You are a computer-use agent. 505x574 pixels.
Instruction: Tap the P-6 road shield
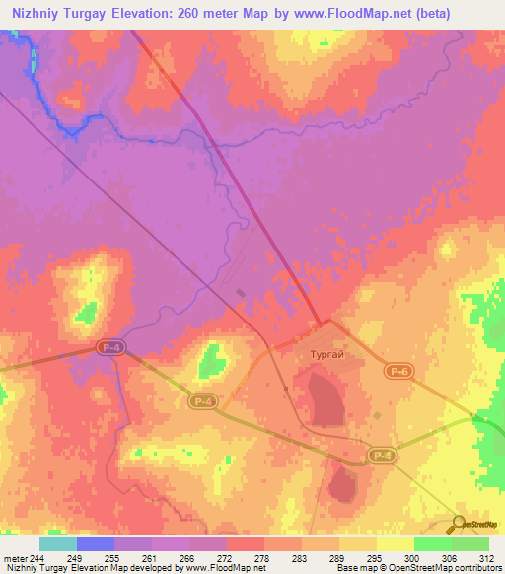click(397, 369)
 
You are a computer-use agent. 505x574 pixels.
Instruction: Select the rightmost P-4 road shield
click(383, 455)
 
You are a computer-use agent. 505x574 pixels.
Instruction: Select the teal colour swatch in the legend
click(58, 543)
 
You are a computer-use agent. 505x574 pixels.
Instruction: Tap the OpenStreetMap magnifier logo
click(459, 524)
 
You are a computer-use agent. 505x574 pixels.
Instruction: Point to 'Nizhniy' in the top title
click(37, 14)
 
